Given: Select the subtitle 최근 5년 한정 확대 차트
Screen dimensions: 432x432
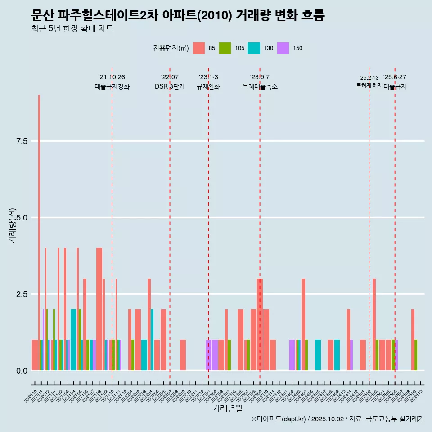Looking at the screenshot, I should point(72,28).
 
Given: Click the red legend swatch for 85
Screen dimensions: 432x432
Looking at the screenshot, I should point(199,48).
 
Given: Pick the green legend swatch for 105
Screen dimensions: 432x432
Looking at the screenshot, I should point(225,48).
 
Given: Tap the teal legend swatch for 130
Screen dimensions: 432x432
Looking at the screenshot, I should point(254,48).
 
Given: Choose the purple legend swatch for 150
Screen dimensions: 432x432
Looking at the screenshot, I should point(283,48).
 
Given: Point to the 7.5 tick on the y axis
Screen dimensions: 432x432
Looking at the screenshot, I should point(22,141).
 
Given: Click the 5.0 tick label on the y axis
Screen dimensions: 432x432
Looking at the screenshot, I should point(22,218).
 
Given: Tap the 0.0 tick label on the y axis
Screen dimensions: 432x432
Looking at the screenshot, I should point(22,371).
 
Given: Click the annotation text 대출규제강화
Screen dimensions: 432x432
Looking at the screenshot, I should point(112,86).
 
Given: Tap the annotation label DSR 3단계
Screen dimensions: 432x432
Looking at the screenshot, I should point(170,86).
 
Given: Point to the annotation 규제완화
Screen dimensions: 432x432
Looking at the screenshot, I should point(208,86).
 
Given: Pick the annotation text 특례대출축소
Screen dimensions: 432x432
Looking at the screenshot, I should point(260,86).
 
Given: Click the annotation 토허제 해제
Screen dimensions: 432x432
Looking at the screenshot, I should point(369,85).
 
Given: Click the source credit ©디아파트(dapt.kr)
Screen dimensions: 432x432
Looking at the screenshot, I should point(279,419).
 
